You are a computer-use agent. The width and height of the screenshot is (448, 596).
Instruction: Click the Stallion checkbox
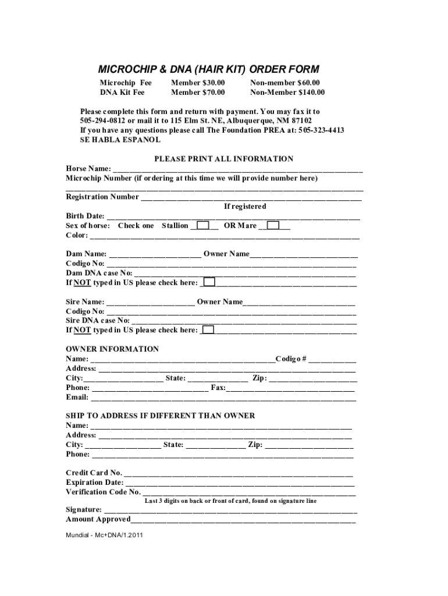(203, 225)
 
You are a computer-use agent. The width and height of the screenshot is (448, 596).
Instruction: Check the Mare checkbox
(273, 225)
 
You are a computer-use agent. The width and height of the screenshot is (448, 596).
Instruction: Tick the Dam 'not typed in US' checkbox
(208, 282)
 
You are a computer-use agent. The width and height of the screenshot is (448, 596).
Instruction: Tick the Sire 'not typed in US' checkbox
(208, 330)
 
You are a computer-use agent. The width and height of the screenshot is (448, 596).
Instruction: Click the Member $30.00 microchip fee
(198, 83)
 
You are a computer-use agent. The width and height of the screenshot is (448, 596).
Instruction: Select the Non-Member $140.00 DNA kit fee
(287, 93)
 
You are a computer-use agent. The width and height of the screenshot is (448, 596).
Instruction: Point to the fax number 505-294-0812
(103, 121)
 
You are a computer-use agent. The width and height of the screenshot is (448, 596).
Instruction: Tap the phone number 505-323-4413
(321, 130)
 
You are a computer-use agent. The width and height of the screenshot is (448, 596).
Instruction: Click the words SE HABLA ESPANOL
(120, 140)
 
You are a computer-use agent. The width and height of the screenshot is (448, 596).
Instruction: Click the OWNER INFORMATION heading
(112, 349)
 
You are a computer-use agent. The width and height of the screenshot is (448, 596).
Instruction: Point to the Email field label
(77, 398)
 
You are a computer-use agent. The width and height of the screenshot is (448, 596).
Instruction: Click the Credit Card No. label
(94, 473)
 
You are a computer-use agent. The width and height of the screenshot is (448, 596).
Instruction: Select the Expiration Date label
(94, 483)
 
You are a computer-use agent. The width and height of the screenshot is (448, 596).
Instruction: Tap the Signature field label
(84, 510)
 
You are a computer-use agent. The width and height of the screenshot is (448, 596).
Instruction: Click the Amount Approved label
(98, 519)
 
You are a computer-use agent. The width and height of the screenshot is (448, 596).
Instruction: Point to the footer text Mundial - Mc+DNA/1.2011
(104, 535)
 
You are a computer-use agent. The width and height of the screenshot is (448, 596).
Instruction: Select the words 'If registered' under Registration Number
(245, 207)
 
